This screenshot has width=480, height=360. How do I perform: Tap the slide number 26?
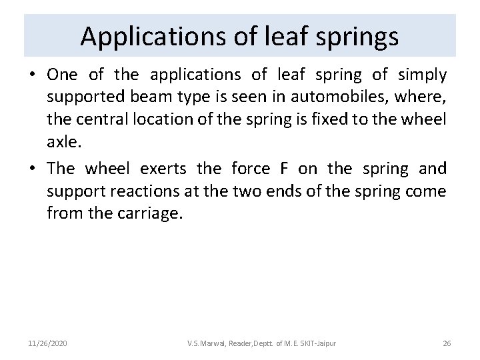click(447, 343)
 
